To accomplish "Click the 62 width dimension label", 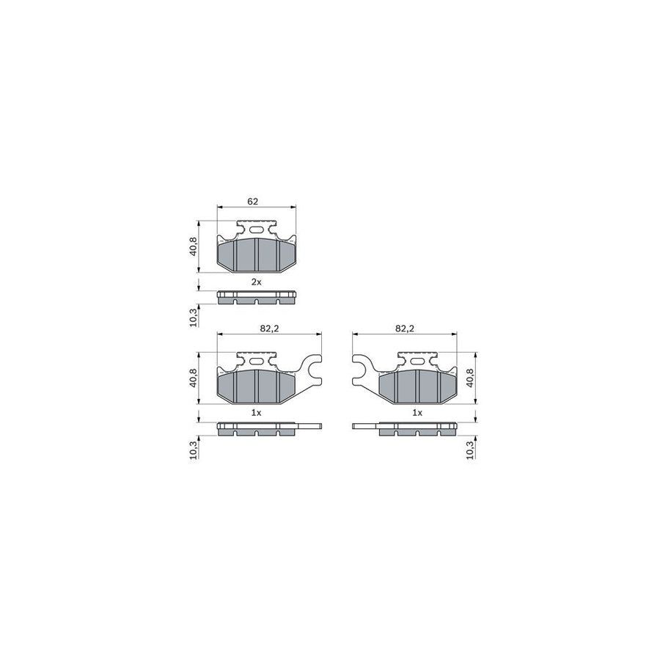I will click(x=252, y=200).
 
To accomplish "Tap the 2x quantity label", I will click(x=256, y=282).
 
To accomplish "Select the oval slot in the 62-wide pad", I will click(x=256, y=230).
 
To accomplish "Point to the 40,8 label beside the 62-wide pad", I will click(x=194, y=246).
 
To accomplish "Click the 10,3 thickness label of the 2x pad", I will click(x=194, y=317).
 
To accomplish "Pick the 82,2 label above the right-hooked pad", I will click(x=270, y=329).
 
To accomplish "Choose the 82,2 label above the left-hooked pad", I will click(x=405, y=329).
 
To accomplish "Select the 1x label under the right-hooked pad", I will click(x=256, y=413).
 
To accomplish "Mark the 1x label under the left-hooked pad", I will click(x=417, y=413).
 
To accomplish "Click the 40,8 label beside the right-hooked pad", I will click(x=194, y=378).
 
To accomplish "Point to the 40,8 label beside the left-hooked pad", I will click(x=470, y=378).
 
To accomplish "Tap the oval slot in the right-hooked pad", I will click(x=256, y=361).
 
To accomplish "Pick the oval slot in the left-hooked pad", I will click(x=417, y=361).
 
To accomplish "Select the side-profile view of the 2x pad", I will click(x=257, y=297).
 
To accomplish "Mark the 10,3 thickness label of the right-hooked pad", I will click(x=194, y=449).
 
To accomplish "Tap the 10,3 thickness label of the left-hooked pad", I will click(x=470, y=449).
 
